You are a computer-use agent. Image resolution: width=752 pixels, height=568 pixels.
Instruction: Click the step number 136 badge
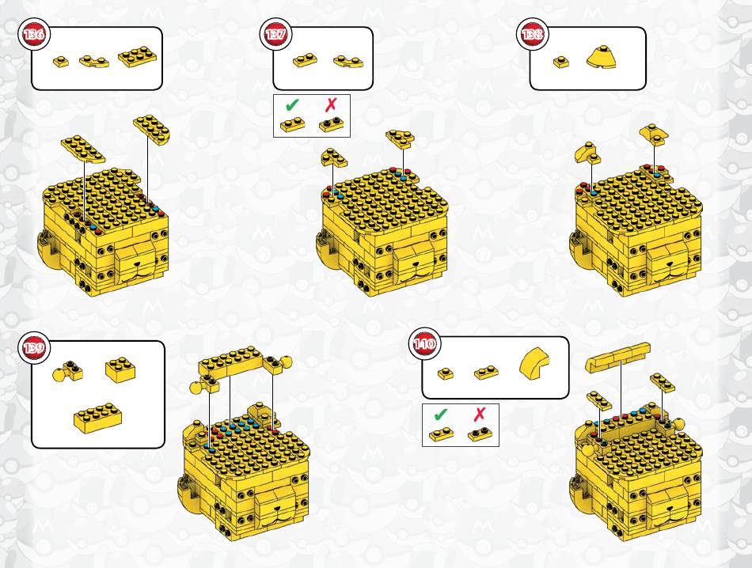click(34, 34)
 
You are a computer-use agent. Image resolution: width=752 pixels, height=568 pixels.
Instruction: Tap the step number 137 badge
click(275, 34)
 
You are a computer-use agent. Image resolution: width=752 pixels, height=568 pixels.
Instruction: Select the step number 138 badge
click(533, 34)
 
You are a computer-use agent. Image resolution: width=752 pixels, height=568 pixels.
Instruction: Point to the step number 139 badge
click(34, 346)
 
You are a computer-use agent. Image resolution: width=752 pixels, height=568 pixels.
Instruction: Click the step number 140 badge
click(424, 344)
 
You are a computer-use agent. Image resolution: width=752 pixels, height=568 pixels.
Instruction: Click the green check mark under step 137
click(291, 104)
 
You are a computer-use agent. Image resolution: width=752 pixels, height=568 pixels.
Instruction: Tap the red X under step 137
click(331, 104)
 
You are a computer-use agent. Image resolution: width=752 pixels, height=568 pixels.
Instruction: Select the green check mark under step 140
click(441, 414)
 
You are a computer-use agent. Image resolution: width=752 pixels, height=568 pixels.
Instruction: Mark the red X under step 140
click(480, 414)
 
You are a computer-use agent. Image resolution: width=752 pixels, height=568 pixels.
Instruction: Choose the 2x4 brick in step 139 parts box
click(98, 418)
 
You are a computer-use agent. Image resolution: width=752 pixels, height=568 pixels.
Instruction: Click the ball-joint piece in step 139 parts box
click(67, 370)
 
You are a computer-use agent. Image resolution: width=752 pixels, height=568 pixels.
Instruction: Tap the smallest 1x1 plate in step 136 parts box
click(60, 62)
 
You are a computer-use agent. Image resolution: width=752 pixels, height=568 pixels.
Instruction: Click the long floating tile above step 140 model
click(617, 357)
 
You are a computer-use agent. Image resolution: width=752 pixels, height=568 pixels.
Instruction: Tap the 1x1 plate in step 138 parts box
click(560, 62)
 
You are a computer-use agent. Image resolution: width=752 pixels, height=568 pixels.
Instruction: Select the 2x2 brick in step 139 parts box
click(120, 370)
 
